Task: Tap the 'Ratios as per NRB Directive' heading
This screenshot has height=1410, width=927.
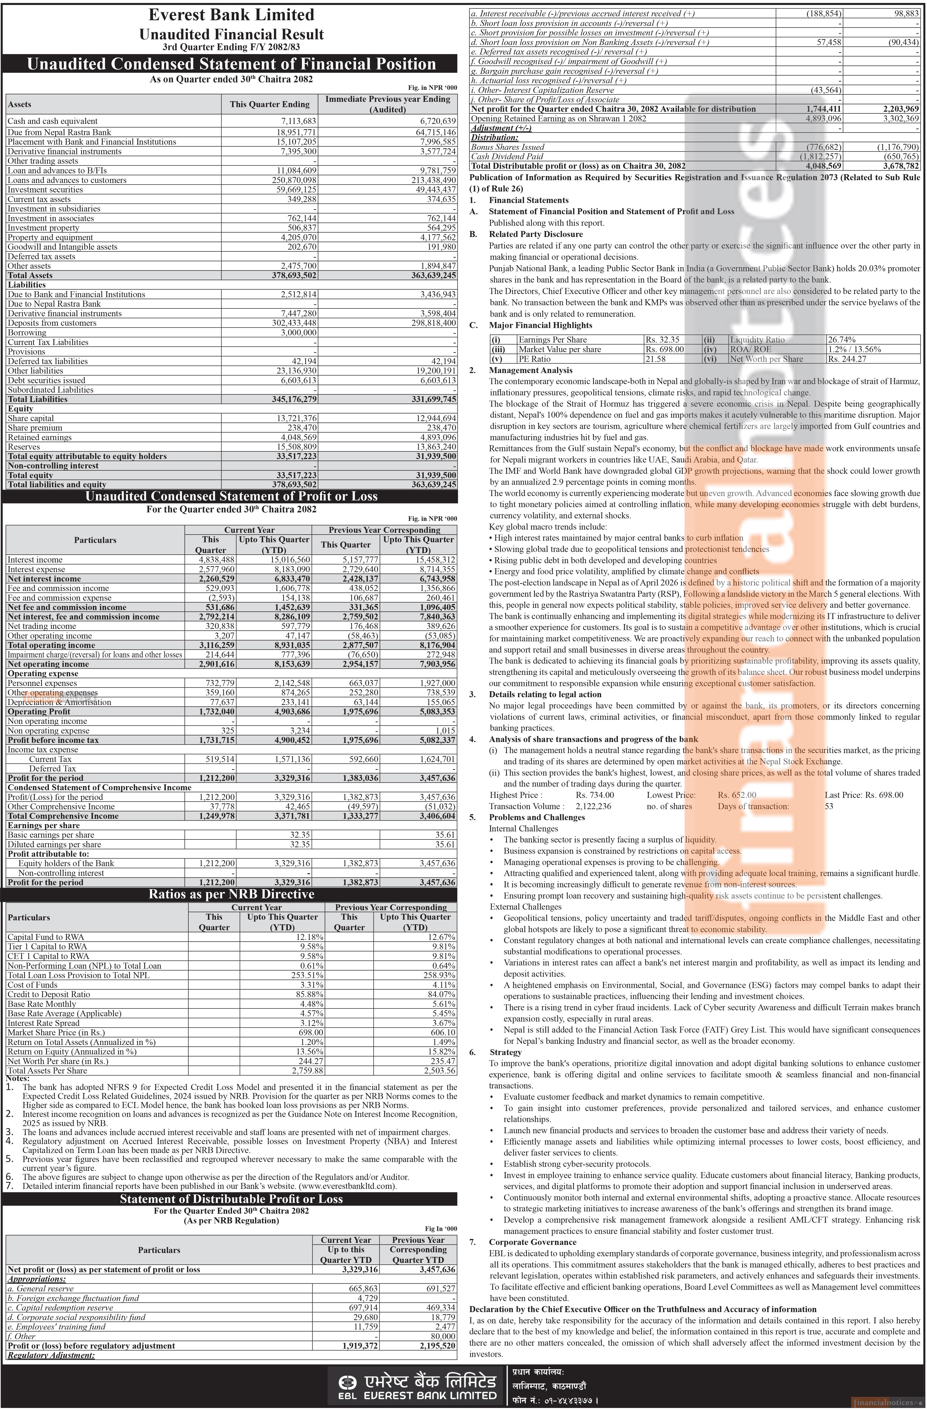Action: point(231,894)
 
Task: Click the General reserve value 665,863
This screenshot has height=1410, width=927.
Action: point(355,1289)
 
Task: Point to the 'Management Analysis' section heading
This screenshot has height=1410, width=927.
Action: point(522,370)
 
